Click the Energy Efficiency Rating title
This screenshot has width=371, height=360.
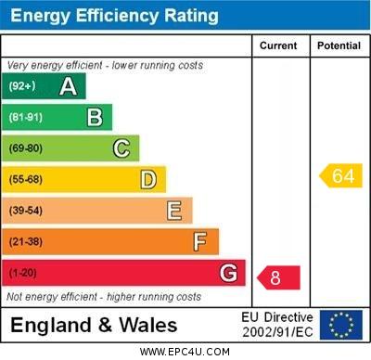point(114,16)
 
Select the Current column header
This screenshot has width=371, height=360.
point(278,45)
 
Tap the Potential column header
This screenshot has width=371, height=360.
point(339,45)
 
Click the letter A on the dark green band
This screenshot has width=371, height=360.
point(68,87)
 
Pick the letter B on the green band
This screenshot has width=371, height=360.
point(95,118)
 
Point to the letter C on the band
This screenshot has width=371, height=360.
point(122,148)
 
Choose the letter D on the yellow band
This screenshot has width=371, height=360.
point(148,179)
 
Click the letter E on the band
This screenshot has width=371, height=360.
point(174,211)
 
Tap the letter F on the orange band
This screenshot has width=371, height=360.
point(200,242)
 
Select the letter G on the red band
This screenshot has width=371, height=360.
point(228,274)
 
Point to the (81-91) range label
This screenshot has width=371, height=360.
point(25,118)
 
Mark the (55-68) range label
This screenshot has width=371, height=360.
point(25,179)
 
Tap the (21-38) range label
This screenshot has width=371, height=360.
point(25,242)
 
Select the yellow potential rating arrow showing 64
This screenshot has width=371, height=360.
point(340,175)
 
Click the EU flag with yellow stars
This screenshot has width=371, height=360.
point(340,325)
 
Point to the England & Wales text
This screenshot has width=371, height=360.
point(94,326)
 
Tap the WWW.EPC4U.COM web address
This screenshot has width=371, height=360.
point(185,353)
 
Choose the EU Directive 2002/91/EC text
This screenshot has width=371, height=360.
point(278,325)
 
